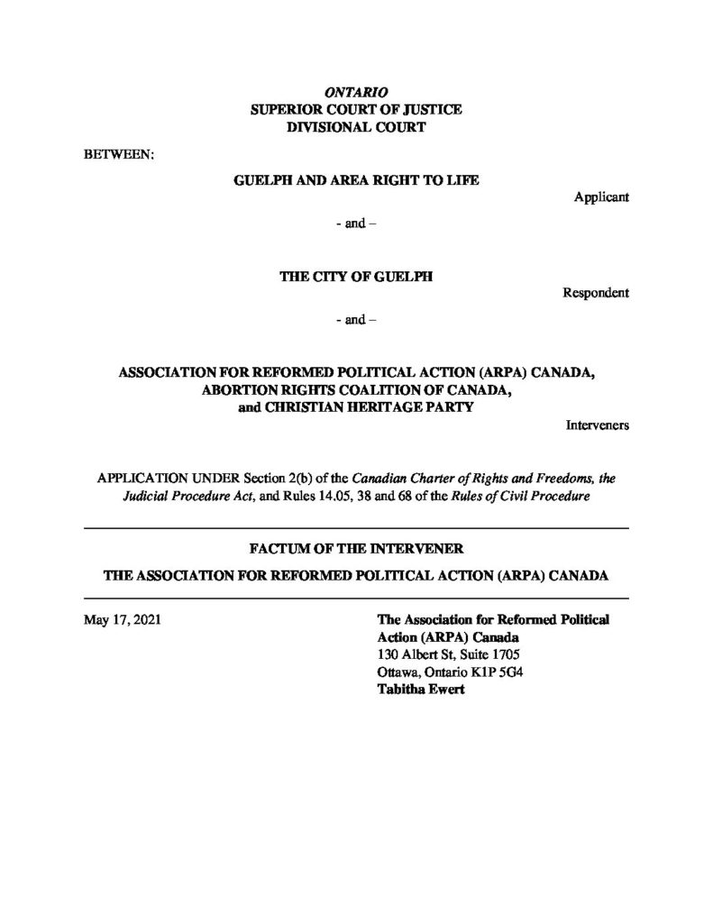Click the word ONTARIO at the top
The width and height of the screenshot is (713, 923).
(x=355, y=93)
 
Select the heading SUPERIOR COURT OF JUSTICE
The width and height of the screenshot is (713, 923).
(x=355, y=110)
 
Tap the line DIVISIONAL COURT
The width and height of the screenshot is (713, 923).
(x=355, y=128)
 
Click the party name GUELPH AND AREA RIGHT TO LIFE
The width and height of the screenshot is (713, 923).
(x=355, y=180)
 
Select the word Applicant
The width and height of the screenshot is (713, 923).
(x=601, y=197)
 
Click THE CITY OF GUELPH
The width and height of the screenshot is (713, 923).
(x=355, y=277)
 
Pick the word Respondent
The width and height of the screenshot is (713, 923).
(x=596, y=294)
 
